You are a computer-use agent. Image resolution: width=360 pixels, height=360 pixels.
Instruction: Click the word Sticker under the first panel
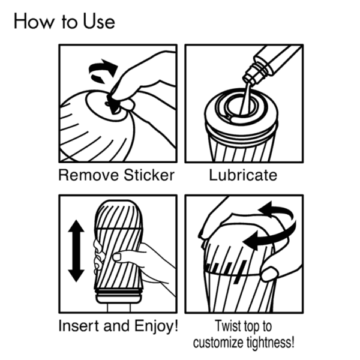click(146, 175)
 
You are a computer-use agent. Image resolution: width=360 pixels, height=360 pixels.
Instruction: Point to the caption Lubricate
click(243, 175)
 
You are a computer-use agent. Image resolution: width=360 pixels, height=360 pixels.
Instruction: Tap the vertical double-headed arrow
click(76, 250)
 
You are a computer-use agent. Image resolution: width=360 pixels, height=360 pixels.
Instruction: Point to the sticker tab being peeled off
click(113, 104)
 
